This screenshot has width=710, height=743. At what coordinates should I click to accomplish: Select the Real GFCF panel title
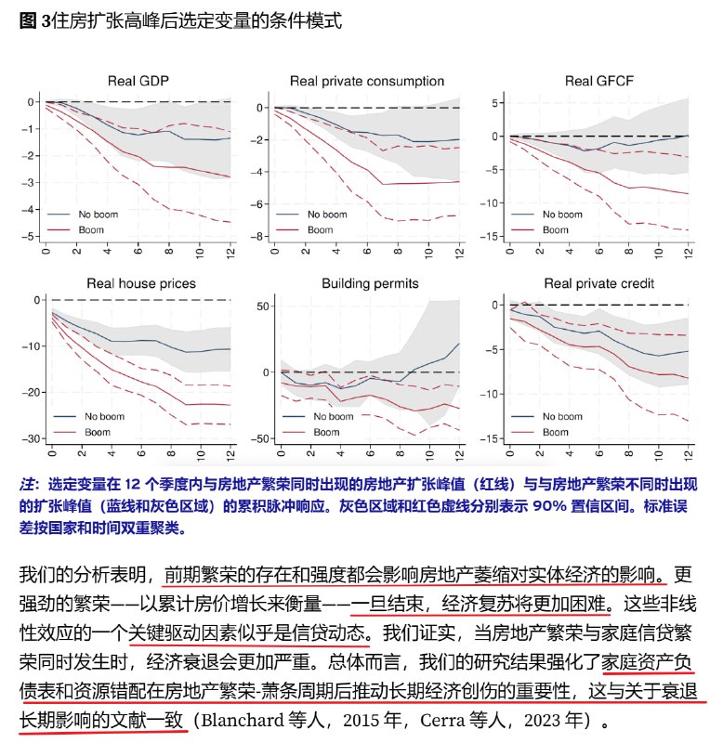click(598, 81)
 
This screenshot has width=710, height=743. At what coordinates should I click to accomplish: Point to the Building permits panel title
click(369, 283)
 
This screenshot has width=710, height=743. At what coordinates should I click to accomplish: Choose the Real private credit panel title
click(598, 283)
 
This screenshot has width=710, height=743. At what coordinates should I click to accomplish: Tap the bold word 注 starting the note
click(28, 484)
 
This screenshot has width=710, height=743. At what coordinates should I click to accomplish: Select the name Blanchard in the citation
click(246, 720)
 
